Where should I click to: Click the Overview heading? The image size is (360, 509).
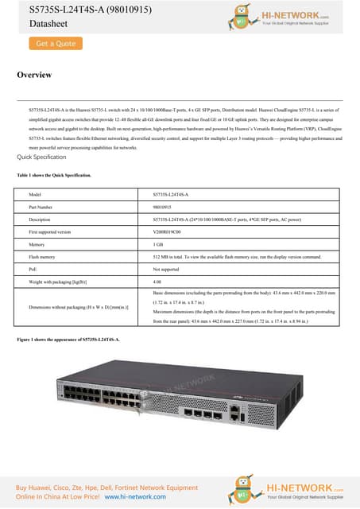click(x=34, y=76)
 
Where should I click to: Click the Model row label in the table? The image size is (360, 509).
click(x=34, y=194)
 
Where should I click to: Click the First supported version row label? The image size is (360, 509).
click(x=49, y=231)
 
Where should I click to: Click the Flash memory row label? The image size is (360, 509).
click(x=41, y=257)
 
